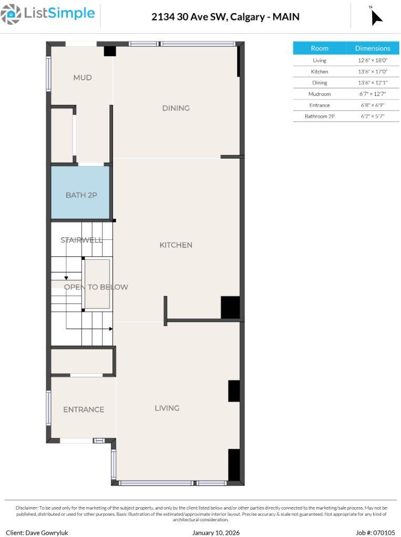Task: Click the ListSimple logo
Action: pos(48,14)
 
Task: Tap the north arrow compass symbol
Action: pos(376,16)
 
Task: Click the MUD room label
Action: pos(83,78)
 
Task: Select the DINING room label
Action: pos(176,108)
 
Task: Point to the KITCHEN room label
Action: pos(176,245)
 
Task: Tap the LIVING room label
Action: pos(167,408)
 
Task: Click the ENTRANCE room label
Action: pos(84,409)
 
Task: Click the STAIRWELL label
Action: pos(81,240)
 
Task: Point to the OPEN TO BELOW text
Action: pos(96,287)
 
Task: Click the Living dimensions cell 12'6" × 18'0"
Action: pos(372,60)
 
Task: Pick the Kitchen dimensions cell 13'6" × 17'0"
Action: pos(372,71)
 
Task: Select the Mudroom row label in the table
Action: pos(320,94)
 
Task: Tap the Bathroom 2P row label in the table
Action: pos(320,116)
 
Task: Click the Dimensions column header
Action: pos(372,48)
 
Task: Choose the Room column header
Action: pos(320,48)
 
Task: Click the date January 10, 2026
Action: pos(216,532)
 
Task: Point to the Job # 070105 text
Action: pos(375,532)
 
